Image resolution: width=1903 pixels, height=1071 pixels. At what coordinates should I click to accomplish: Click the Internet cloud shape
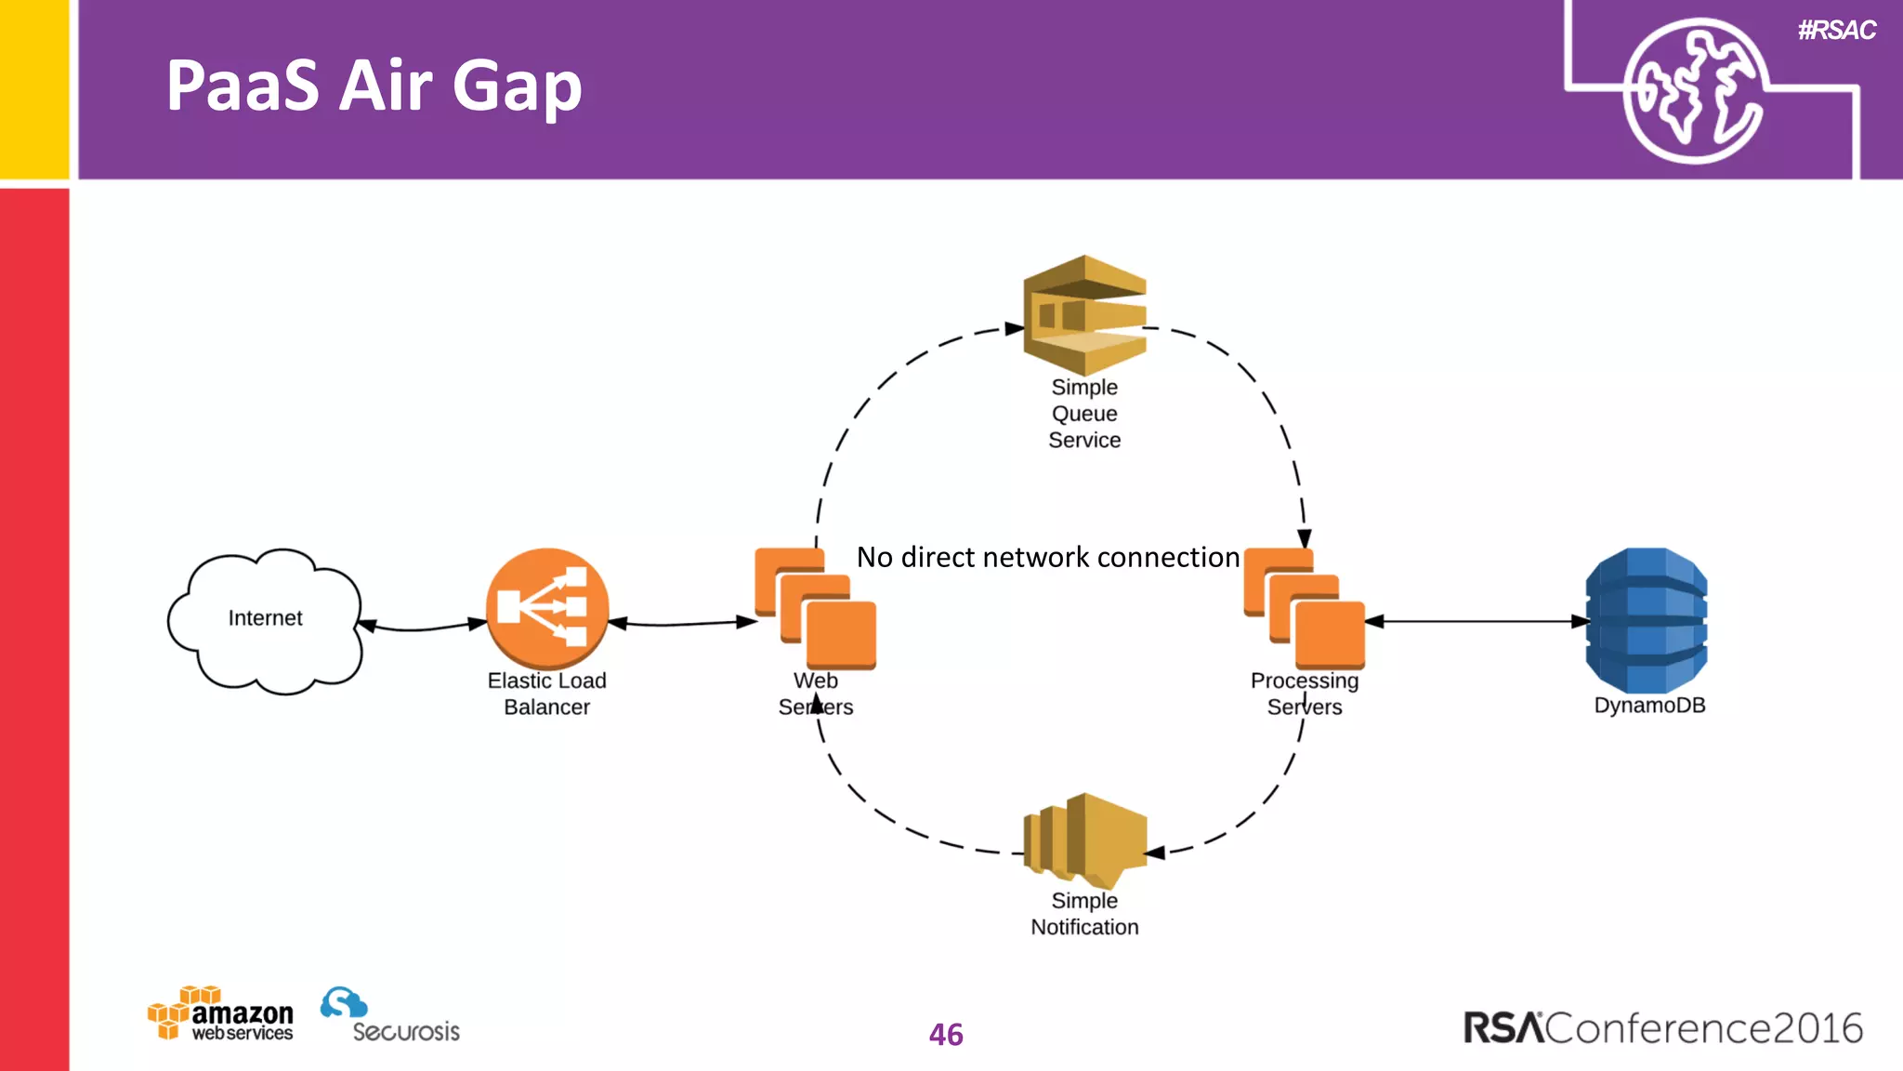point(265,619)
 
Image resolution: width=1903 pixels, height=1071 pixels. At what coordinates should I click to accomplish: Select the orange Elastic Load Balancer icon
point(547,609)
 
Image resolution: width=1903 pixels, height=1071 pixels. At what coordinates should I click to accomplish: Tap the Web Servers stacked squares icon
point(815,609)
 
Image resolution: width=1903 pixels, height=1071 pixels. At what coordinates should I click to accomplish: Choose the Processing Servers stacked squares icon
point(1304,609)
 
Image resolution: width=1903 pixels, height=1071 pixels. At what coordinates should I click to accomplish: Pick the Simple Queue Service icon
point(1084,315)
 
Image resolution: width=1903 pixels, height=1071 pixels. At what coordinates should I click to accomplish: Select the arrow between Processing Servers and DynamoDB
point(1477,621)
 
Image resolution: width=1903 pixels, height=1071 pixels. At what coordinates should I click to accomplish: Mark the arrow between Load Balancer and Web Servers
point(683,623)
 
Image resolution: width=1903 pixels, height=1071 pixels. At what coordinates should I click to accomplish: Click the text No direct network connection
point(1047,557)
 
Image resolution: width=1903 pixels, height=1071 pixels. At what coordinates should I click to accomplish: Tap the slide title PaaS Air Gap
point(374,86)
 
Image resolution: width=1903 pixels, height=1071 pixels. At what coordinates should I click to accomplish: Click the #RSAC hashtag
point(1836,31)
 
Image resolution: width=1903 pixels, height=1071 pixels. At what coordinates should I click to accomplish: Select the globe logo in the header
point(1693,91)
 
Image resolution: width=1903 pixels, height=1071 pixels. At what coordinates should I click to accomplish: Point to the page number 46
point(946,1035)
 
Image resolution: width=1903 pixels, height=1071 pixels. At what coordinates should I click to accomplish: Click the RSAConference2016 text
point(1662,1028)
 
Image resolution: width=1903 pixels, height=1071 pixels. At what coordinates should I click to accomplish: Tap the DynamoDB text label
point(1649,706)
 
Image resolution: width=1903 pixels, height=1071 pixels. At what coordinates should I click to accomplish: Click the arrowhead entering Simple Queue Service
point(1015,328)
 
